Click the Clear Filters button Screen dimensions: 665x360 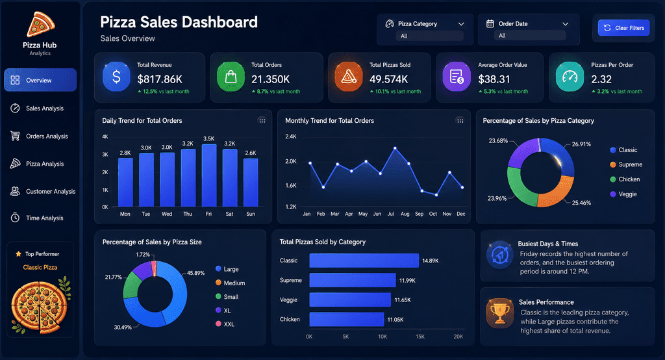point(623,28)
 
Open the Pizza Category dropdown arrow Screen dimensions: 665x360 point(461,24)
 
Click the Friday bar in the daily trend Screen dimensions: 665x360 point(209,175)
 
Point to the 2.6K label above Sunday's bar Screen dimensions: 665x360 point(251,153)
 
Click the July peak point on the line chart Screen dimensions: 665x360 point(395,148)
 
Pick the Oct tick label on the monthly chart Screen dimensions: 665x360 point(433,214)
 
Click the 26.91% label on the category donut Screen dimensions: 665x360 point(581,144)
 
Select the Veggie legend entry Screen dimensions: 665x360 point(623,194)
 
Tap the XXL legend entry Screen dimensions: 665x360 point(225,324)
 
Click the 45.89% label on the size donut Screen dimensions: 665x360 point(196,273)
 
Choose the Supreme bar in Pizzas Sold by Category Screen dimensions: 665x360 point(353,280)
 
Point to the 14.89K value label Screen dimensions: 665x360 point(431,261)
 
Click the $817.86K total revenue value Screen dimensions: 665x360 point(160,79)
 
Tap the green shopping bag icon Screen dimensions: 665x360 point(231,77)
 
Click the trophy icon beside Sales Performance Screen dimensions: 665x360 point(499,313)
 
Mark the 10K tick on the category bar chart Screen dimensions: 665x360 point(383,337)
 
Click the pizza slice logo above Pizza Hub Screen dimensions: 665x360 point(40,24)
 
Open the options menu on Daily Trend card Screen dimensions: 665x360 point(262,121)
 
